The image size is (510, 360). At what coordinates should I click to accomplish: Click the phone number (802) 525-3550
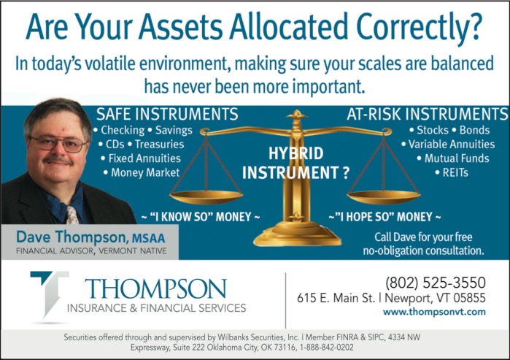(x=435, y=283)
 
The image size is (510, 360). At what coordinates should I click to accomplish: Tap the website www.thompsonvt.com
(x=434, y=312)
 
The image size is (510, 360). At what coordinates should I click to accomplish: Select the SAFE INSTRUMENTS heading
(x=167, y=114)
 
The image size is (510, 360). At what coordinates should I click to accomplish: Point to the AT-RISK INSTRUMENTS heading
(x=427, y=114)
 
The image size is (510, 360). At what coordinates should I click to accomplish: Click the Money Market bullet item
(x=142, y=172)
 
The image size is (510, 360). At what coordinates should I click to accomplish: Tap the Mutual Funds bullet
(x=453, y=158)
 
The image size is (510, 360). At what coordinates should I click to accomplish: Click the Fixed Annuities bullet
(x=141, y=158)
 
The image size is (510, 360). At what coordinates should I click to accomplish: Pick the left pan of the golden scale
(x=206, y=197)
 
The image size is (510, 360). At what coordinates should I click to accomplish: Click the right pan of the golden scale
(x=384, y=197)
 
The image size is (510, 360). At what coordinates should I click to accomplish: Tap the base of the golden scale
(x=297, y=234)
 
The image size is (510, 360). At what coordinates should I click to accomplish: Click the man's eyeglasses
(x=58, y=143)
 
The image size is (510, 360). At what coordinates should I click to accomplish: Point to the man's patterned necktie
(x=72, y=215)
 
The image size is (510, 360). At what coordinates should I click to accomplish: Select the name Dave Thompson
(x=70, y=237)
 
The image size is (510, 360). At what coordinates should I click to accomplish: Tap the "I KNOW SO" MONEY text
(x=201, y=217)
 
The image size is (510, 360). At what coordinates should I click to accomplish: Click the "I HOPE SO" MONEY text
(x=385, y=217)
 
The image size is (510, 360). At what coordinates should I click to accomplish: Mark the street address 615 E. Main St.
(x=336, y=298)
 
